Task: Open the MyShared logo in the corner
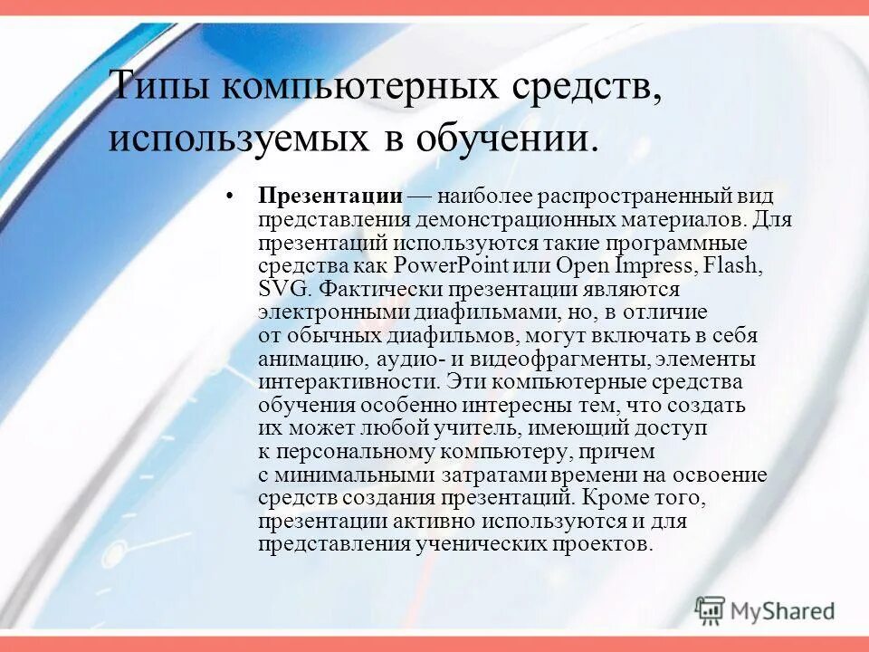pyautogui.click(x=766, y=610)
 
